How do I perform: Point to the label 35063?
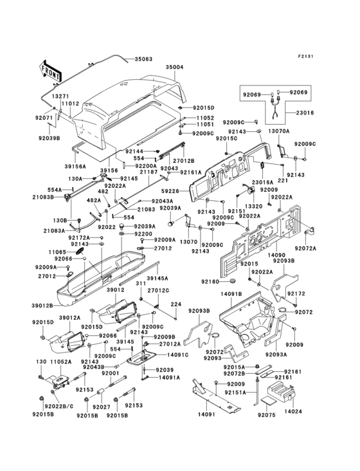tap(143, 59)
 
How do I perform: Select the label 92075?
tap(265, 416)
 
